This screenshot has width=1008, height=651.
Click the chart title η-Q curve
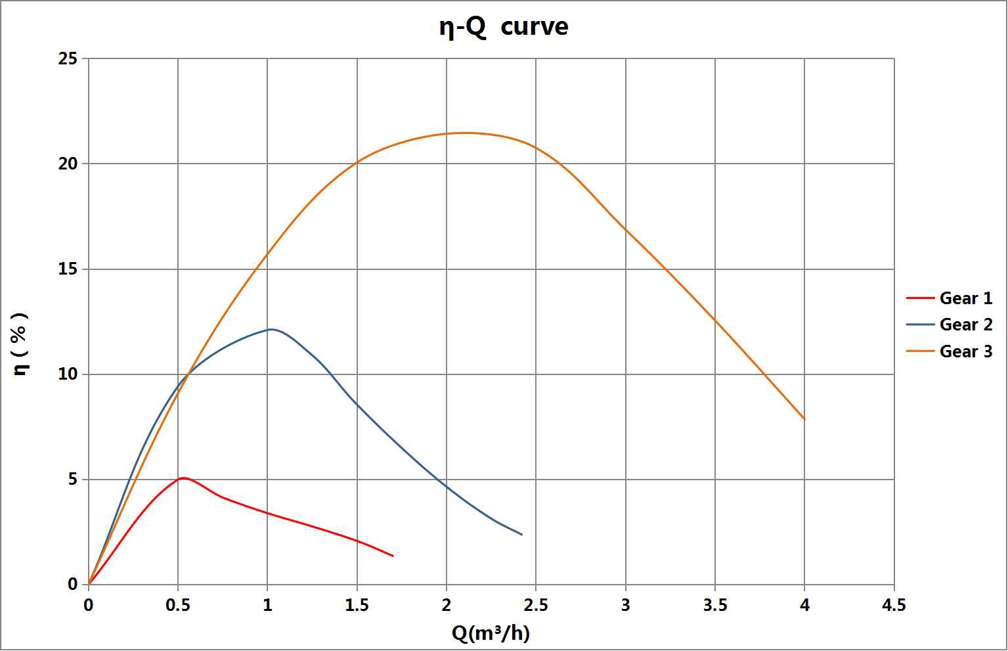tap(504, 28)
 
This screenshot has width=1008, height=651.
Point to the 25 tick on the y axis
tap(68, 59)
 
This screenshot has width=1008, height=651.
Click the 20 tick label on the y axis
tap(68, 164)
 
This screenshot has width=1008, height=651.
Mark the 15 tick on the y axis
tap(68, 269)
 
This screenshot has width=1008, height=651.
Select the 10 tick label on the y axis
tap(68, 374)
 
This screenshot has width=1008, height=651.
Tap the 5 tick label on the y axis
tap(72, 480)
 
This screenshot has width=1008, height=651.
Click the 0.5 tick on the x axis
tap(178, 605)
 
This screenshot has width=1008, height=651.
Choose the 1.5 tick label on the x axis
tap(357, 605)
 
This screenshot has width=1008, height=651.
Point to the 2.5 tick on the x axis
tap(536, 605)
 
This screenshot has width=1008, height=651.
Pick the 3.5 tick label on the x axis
tap(715, 605)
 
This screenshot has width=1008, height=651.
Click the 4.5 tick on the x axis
tap(894, 605)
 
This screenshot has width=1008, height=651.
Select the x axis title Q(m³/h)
tap(491, 633)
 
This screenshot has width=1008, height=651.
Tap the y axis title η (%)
tap(21, 344)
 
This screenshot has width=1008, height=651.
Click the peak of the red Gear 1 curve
tap(183, 478)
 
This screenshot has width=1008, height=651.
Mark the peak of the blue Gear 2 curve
tap(271, 329)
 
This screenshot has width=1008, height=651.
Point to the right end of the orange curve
tap(804, 418)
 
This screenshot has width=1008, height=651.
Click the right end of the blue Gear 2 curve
tap(521, 534)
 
